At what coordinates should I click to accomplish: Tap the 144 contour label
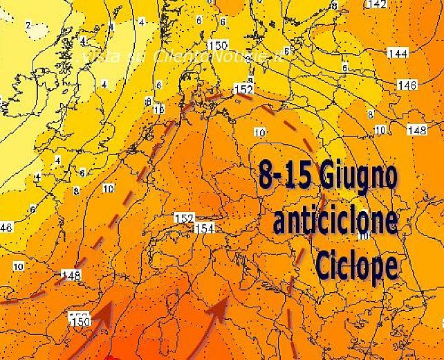tap(398, 53)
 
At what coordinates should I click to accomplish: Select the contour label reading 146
tap(407, 84)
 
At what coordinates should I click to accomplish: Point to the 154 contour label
tap(205, 228)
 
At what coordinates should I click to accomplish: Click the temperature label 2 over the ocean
tap(28, 25)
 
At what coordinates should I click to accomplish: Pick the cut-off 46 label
tap(6, 227)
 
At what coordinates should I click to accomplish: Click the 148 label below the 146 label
tap(416, 130)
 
